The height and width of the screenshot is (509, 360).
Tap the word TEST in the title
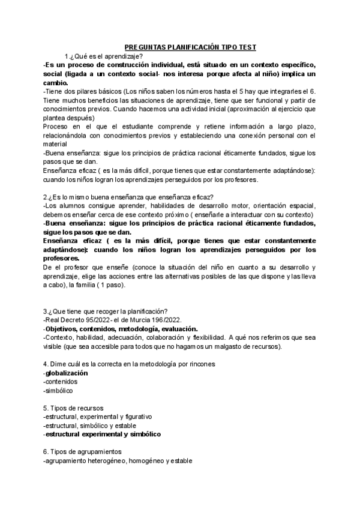point(245,46)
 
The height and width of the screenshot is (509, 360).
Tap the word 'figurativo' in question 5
point(136,417)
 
